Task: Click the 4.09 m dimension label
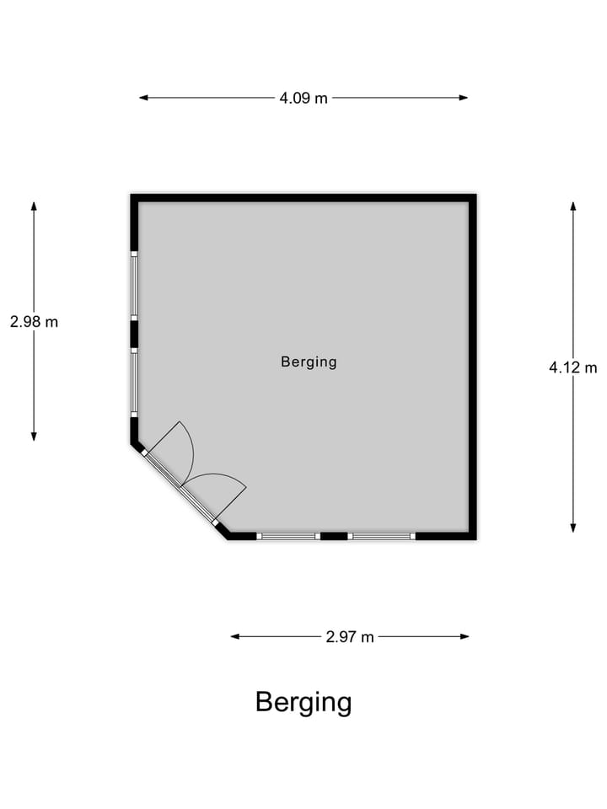point(303,98)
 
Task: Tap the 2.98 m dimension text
point(34,321)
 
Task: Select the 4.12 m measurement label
point(572,367)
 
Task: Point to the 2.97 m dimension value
point(349,637)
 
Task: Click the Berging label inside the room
point(309,362)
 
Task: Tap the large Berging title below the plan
point(303,702)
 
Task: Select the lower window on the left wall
point(134,381)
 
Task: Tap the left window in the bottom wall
point(288,536)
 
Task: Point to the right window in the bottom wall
point(383,536)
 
